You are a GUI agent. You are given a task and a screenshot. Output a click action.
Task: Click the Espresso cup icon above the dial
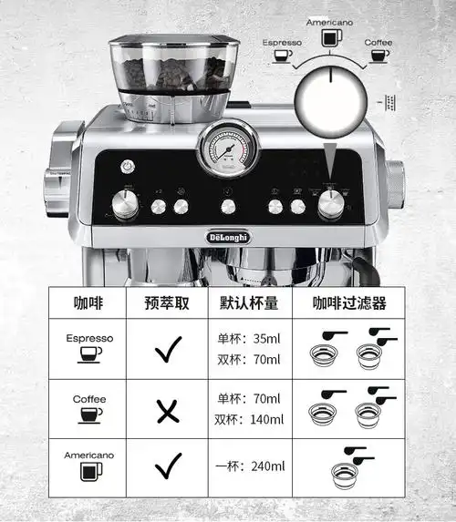[283, 55]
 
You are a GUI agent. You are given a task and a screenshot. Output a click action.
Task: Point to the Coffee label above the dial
[378, 42]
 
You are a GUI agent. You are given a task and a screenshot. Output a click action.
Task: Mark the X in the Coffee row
[168, 413]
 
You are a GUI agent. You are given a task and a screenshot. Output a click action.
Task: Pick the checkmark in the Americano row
[168, 467]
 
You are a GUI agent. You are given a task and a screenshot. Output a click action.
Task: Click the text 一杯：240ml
[249, 467]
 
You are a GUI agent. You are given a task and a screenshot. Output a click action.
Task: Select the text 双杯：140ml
[249, 420]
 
